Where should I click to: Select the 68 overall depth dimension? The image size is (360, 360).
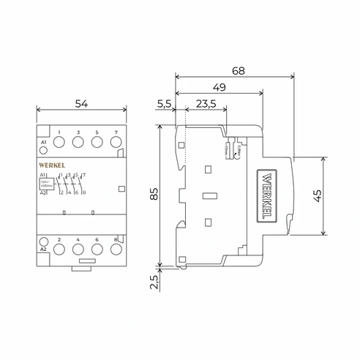pyautogui.click(x=238, y=71)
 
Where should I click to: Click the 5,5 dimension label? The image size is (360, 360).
pyautogui.click(x=165, y=105)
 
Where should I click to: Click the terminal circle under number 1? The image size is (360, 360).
pyautogui.click(x=59, y=145)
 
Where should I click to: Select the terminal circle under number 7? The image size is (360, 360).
pyautogui.click(x=116, y=145)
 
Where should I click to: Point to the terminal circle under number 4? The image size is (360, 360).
pyautogui.click(x=78, y=249)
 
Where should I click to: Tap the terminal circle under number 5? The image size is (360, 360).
pyautogui.click(x=97, y=145)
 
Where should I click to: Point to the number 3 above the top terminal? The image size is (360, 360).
pyautogui.click(x=78, y=132)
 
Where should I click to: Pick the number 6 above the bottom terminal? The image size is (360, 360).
pyautogui.click(x=97, y=239)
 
